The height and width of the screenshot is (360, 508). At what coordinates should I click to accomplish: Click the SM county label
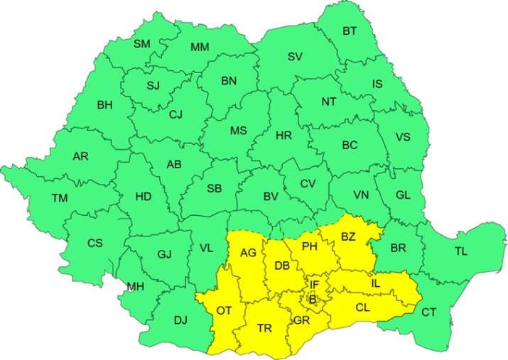(x=142, y=44)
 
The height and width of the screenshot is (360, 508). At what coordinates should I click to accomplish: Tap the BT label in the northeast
(x=350, y=31)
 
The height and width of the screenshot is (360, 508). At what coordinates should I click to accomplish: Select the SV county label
(x=295, y=57)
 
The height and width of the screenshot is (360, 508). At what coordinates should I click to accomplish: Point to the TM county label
(x=59, y=198)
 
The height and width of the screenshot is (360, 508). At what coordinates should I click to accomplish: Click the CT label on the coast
(x=429, y=312)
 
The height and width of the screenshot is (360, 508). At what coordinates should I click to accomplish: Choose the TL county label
(x=461, y=251)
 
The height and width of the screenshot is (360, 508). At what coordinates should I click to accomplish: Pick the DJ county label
(x=180, y=320)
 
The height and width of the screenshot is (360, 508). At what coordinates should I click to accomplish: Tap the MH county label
(x=135, y=287)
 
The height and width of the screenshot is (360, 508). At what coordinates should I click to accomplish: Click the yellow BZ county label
(x=348, y=236)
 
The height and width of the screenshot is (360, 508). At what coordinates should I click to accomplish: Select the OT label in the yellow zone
(x=224, y=310)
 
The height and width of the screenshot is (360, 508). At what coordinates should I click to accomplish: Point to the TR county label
(x=264, y=328)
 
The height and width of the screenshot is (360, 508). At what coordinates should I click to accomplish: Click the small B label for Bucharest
(x=312, y=300)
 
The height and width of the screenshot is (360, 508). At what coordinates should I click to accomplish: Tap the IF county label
(x=314, y=285)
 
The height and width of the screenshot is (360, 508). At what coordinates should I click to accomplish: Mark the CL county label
(x=362, y=308)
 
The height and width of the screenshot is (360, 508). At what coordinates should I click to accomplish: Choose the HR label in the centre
(x=283, y=135)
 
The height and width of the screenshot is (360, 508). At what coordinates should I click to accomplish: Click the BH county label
(x=104, y=105)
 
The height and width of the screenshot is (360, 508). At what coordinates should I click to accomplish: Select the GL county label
(x=403, y=195)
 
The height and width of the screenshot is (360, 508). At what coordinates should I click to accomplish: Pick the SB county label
(x=214, y=188)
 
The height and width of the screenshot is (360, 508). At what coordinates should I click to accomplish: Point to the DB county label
(x=281, y=266)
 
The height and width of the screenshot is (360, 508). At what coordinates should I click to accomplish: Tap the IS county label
(x=377, y=84)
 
